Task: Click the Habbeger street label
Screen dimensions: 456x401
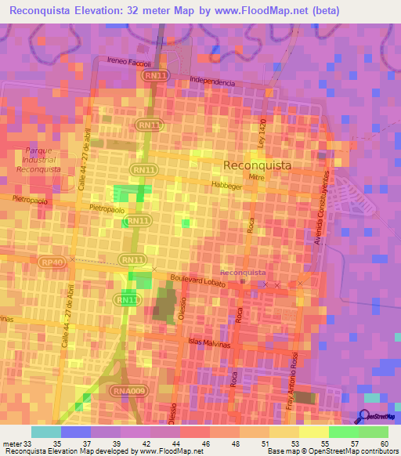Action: tap(226, 186)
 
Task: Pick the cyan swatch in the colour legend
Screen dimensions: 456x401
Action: tap(46, 432)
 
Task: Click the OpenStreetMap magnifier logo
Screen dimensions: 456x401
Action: tap(364, 418)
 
